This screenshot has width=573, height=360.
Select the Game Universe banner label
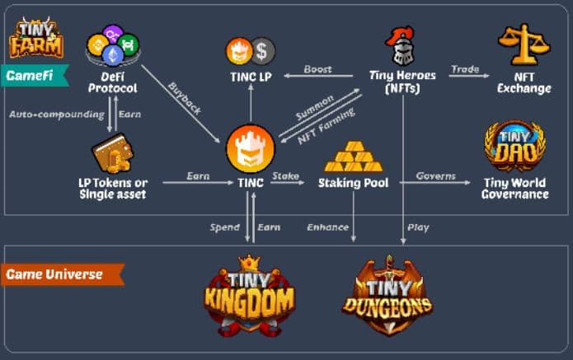[x=58, y=273]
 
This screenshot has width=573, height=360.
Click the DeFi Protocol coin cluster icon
[x=114, y=44]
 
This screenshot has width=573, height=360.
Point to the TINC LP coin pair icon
[x=251, y=52]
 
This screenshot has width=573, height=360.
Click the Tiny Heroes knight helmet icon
[x=402, y=46]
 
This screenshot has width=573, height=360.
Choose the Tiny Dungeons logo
[x=387, y=297]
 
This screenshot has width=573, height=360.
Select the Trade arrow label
[x=464, y=68]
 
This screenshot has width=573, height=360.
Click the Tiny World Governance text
[x=515, y=188]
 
